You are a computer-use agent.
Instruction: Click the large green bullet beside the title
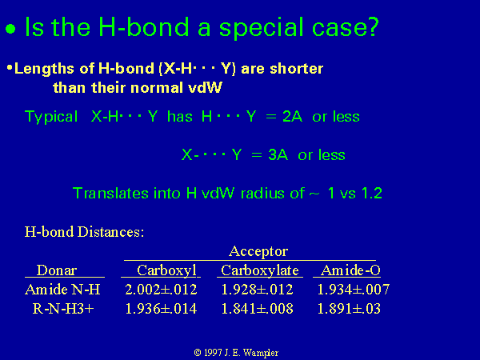[10, 29]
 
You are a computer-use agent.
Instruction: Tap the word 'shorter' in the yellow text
[296, 68]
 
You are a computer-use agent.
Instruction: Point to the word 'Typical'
[51, 118]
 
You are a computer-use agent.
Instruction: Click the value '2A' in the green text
[292, 117]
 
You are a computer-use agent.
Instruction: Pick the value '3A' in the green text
[278, 155]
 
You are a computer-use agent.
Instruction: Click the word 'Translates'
[110, 193]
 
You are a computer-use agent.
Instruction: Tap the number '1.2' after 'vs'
[372, 193]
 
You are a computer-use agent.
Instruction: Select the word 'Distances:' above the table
[110, 232]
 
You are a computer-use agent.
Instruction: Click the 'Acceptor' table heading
[258, 251]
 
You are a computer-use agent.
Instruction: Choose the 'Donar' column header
[57, 270]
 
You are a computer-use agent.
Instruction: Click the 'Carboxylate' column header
[260, 270]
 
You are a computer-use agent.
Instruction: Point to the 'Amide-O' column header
[351, 270]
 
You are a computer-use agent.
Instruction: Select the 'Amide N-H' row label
[62, 290]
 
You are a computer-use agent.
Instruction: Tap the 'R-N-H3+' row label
[63, 309]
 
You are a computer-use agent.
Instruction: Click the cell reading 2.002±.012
[161, 290]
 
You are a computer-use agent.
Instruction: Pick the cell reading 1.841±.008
[257, 309]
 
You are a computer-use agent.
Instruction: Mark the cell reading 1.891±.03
[349, 309]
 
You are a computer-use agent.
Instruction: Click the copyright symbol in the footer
[198, 353]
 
